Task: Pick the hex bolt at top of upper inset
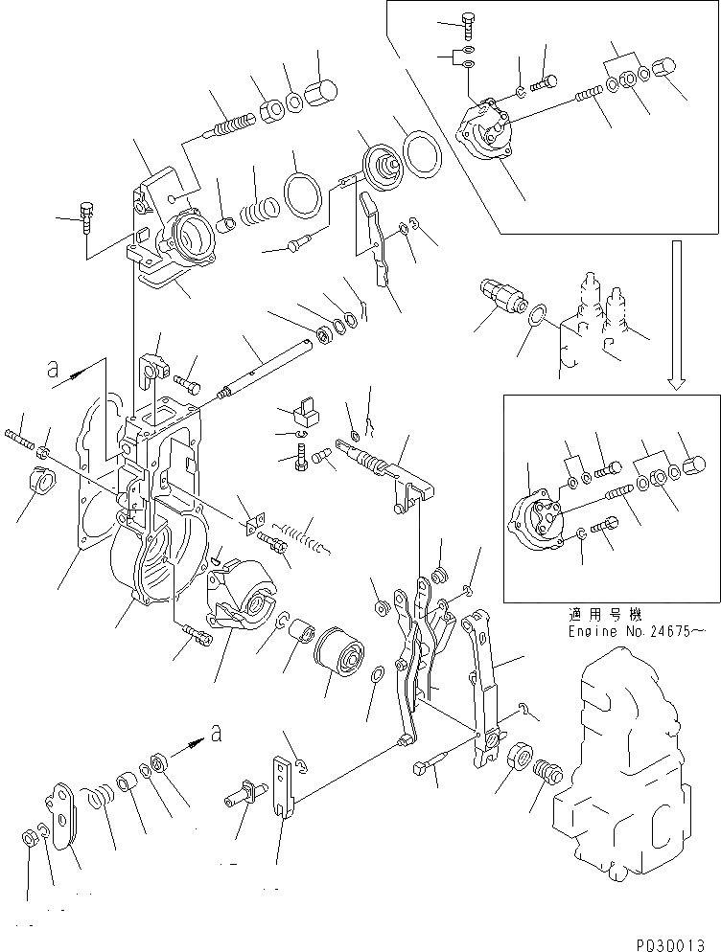coord(467,21)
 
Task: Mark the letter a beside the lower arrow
coord(219,734)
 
